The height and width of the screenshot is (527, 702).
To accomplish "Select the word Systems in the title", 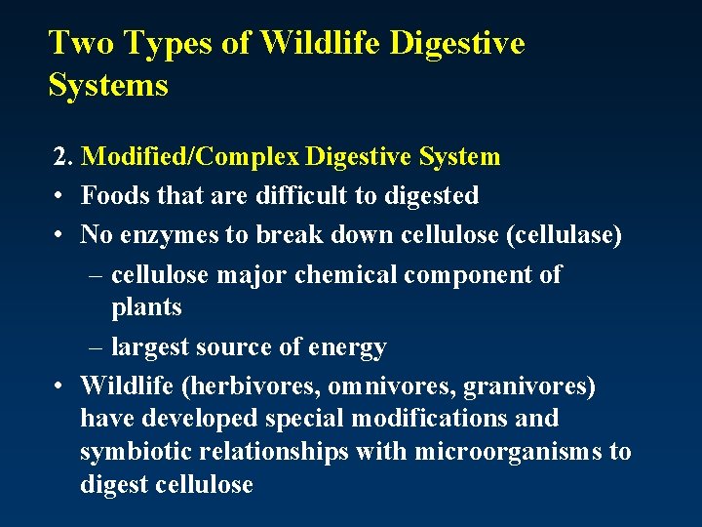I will (108, 85).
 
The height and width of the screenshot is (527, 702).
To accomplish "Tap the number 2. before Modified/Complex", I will (63, 157).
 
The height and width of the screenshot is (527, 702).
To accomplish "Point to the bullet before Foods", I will (59, 196).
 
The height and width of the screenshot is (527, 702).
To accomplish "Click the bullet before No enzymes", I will (59, 235).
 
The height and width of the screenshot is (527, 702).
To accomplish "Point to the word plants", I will (146, 307).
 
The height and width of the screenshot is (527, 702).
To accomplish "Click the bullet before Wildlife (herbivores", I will (59, 387).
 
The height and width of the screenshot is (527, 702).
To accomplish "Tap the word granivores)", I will (528, 386).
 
